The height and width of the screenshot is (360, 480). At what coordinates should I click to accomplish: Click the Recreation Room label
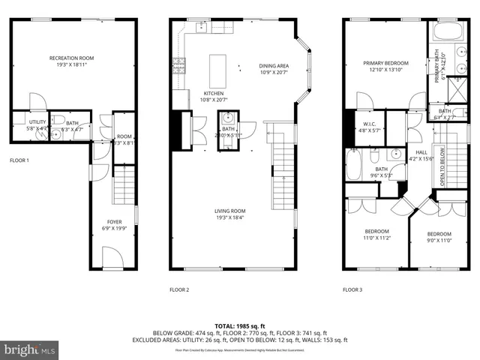pos(71,58)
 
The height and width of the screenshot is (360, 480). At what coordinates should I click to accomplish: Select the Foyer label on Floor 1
pos(114,222)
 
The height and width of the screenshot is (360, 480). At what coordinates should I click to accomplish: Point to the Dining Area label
pos(274,66)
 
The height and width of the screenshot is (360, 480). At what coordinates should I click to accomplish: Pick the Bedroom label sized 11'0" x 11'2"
pos(376,231)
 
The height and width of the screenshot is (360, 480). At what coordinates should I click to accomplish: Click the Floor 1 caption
pos(19,160)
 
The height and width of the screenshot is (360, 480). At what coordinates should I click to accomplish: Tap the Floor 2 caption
pos(179,289)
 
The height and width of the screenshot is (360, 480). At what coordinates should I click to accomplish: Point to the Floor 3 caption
pos(352,289)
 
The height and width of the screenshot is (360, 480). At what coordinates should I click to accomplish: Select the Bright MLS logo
pos(30,349)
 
